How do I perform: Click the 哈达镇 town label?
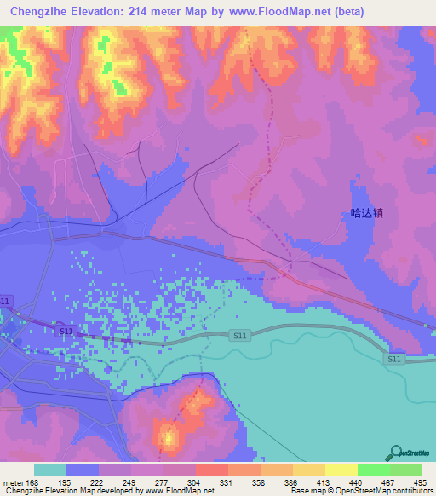click(x=367, y=214)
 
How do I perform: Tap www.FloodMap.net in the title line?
click(x=279, y=12)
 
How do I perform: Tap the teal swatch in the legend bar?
click(x=50, y=470)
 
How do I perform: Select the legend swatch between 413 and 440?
click(x=341, y=470)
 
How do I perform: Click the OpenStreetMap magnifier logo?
click(x=395, y=453)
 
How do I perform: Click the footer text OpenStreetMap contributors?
click(x=389, y=492)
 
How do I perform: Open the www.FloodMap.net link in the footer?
click(x=178, y=492)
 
